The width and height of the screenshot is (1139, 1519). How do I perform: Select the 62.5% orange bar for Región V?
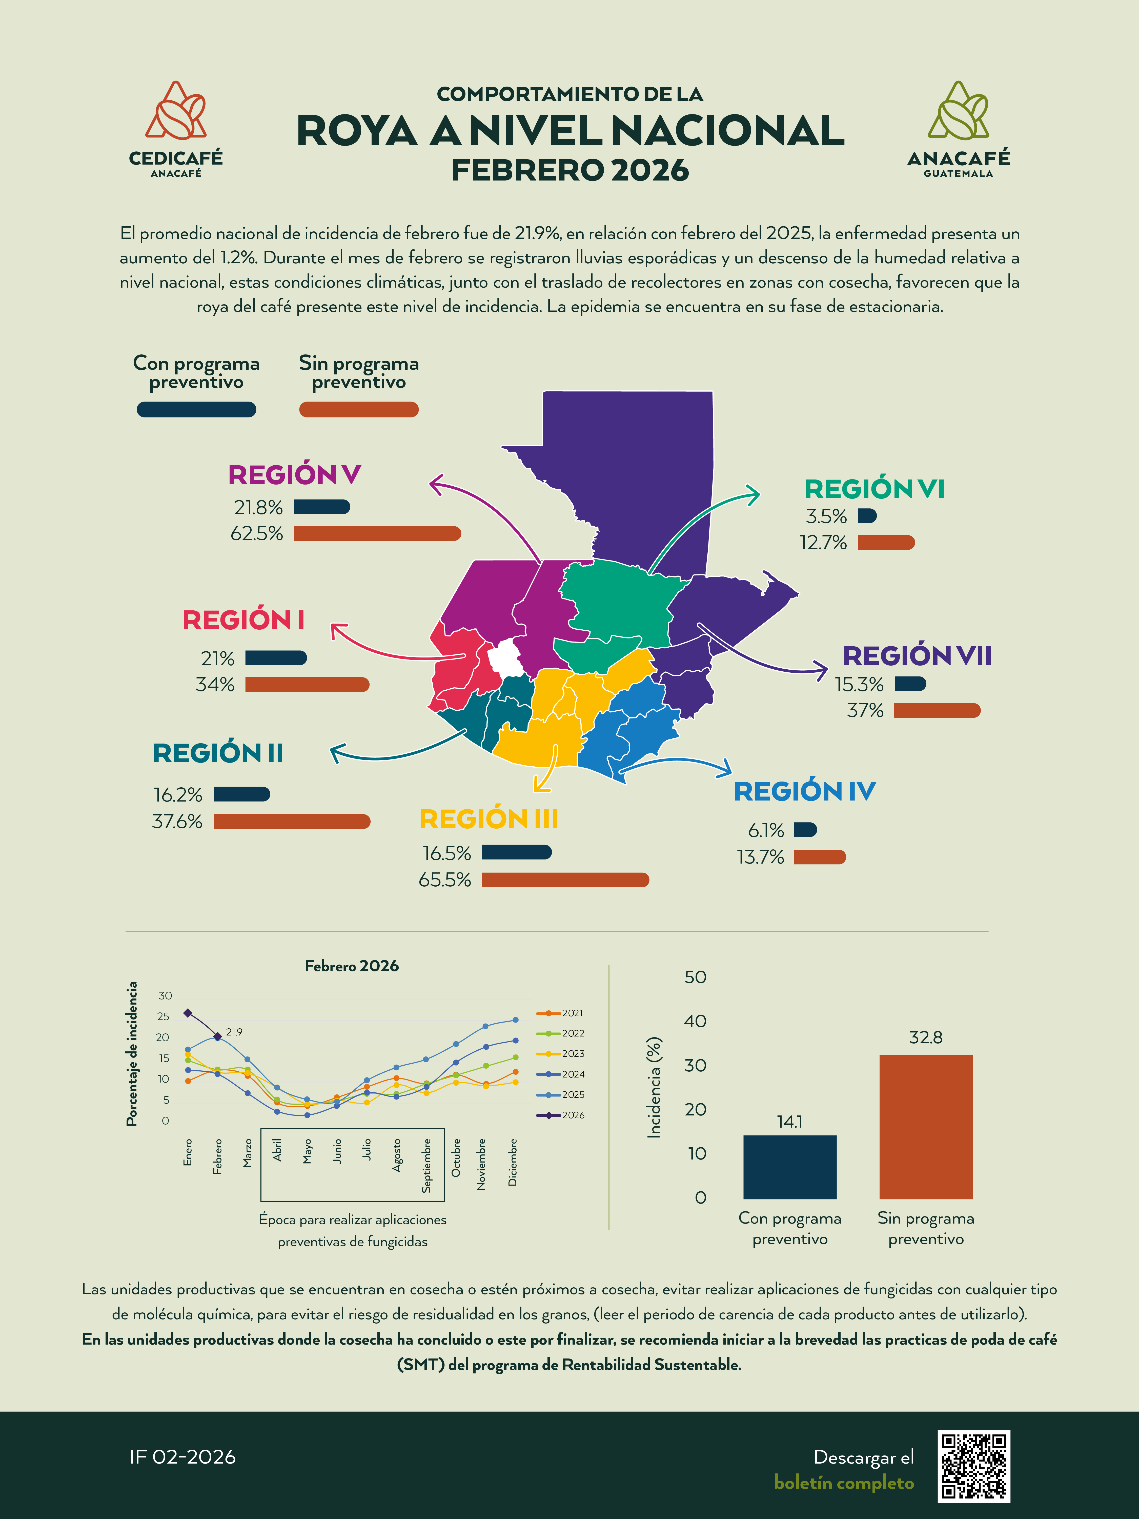pos(377,534)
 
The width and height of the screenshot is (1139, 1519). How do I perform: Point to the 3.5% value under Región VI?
pos(826,516)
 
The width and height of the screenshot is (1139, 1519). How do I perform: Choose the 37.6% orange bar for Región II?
pos(292,821)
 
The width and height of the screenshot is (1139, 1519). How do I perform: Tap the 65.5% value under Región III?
pos(445,880)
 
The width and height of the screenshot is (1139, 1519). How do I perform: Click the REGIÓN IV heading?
pos(805,791)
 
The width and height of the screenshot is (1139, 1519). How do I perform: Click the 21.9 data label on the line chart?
pos(234,1032)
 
